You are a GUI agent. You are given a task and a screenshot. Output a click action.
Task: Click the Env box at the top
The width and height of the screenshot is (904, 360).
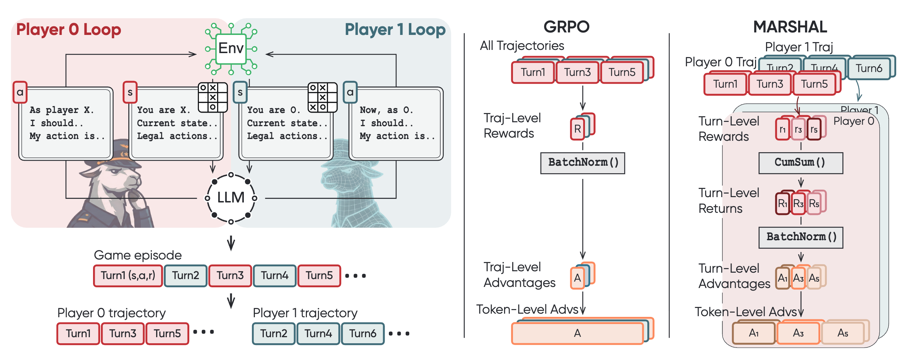[231, 48]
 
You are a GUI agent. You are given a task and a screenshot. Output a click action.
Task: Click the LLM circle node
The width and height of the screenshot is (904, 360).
[231, 198]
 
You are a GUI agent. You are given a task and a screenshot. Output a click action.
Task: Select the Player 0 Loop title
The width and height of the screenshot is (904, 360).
[68, 30]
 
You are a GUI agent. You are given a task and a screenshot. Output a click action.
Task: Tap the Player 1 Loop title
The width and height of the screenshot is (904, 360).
[395, 30]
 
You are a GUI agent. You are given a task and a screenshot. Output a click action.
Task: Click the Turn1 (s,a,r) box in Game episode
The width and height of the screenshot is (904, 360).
[128, 276]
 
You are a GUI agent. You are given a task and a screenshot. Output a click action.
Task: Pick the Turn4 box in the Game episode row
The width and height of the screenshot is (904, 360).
[274, 276]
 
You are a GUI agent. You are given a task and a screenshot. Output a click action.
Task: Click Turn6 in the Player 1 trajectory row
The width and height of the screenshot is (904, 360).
[363, 333]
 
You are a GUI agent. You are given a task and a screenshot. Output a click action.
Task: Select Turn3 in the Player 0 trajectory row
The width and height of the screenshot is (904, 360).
[123, 333]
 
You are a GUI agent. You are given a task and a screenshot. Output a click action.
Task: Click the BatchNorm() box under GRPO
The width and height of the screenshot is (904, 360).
[582, 163]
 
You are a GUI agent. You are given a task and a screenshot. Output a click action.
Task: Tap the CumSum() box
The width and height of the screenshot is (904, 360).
[800, 163]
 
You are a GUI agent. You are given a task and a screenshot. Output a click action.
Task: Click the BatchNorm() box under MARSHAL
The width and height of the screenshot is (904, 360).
[800, 237]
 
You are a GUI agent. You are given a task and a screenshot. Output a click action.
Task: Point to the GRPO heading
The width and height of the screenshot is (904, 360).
[566, 27]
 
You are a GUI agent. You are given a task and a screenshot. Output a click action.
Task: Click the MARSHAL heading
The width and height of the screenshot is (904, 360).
[790, 27]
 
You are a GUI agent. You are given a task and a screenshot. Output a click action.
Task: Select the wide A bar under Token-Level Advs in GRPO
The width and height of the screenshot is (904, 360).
[577, 333]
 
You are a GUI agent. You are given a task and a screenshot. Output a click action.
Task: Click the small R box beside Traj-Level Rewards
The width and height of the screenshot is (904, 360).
[577, 129]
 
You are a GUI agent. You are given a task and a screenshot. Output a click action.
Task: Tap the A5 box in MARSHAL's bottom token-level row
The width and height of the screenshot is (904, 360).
[843, 333]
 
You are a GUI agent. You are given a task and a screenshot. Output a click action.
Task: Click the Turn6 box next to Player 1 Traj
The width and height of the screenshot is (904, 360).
[869, 68]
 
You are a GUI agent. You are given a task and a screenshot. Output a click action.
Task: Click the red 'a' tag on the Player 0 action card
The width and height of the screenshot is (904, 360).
[20, 92]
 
